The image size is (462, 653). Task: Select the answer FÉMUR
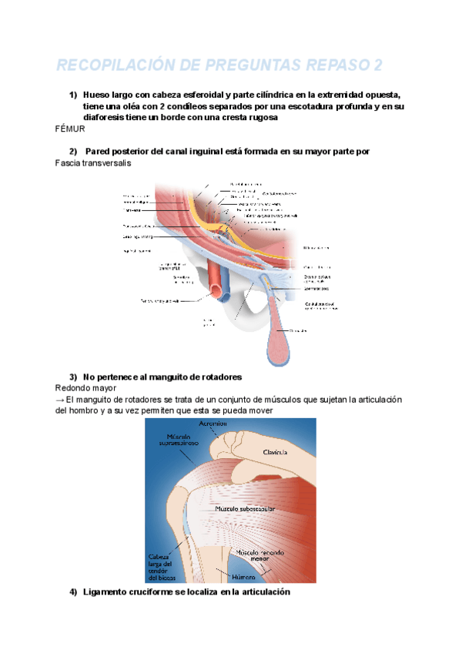coord(70,129)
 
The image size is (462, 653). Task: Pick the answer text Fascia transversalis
coord(94,163)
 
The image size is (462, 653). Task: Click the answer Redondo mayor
coord(85,388)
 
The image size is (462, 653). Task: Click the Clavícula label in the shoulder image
coord(275,452)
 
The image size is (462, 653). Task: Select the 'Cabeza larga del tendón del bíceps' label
coord(164,566)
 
